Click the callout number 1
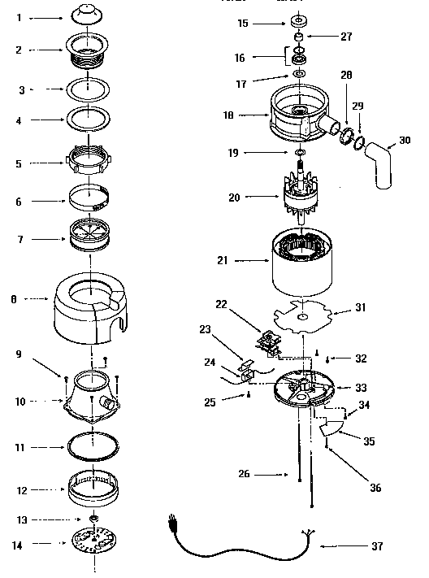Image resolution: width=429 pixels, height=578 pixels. pos(18,16)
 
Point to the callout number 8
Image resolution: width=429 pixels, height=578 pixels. pos(14,299)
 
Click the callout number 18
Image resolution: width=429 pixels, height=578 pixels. pos(230,116)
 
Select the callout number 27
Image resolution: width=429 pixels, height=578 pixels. pos(346,36)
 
